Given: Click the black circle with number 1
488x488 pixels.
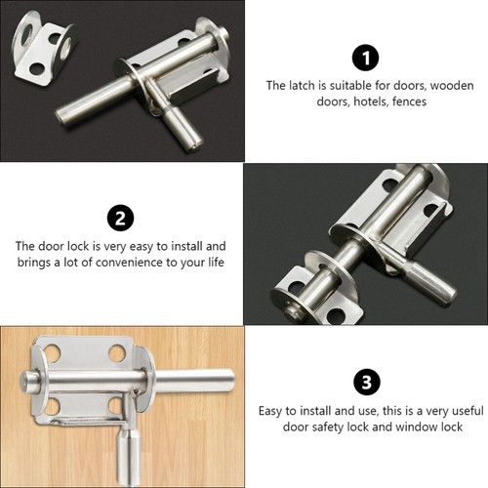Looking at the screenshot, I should click(365, 58).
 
